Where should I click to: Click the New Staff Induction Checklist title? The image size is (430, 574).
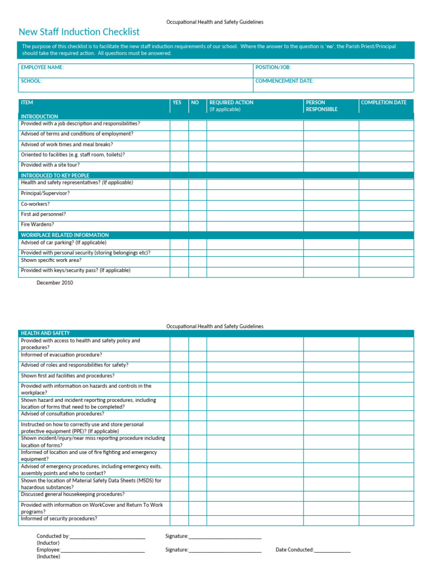pos(79,32)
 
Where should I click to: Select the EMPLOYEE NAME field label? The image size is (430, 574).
pos(42,67)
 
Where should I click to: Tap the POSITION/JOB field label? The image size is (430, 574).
pos(273,67)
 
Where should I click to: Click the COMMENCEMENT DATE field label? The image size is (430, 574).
pos(284,81)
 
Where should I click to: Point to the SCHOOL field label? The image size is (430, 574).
pos(31,81)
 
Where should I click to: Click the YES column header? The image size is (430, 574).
pos(177,103)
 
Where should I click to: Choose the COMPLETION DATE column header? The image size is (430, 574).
pos(384,103)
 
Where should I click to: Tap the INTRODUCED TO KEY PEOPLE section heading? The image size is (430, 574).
pos(55,175)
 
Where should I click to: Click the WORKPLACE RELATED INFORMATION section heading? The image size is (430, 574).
pos(64,235)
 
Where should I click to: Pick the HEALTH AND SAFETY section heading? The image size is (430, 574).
pos(45,333)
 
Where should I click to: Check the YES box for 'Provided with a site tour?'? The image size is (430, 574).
pos(179,166)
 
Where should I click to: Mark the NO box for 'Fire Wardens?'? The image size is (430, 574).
pos(197,225)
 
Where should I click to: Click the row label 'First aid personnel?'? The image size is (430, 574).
pos(43,214)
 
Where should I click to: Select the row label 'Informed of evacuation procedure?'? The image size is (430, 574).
pos(61,355)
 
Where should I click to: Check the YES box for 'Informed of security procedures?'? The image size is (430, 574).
pos(179,520)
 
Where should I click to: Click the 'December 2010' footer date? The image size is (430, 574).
pos(55,283)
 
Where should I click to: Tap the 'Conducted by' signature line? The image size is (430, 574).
pos(107,536)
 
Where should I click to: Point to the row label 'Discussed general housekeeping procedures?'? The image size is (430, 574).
pos(73,494)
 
